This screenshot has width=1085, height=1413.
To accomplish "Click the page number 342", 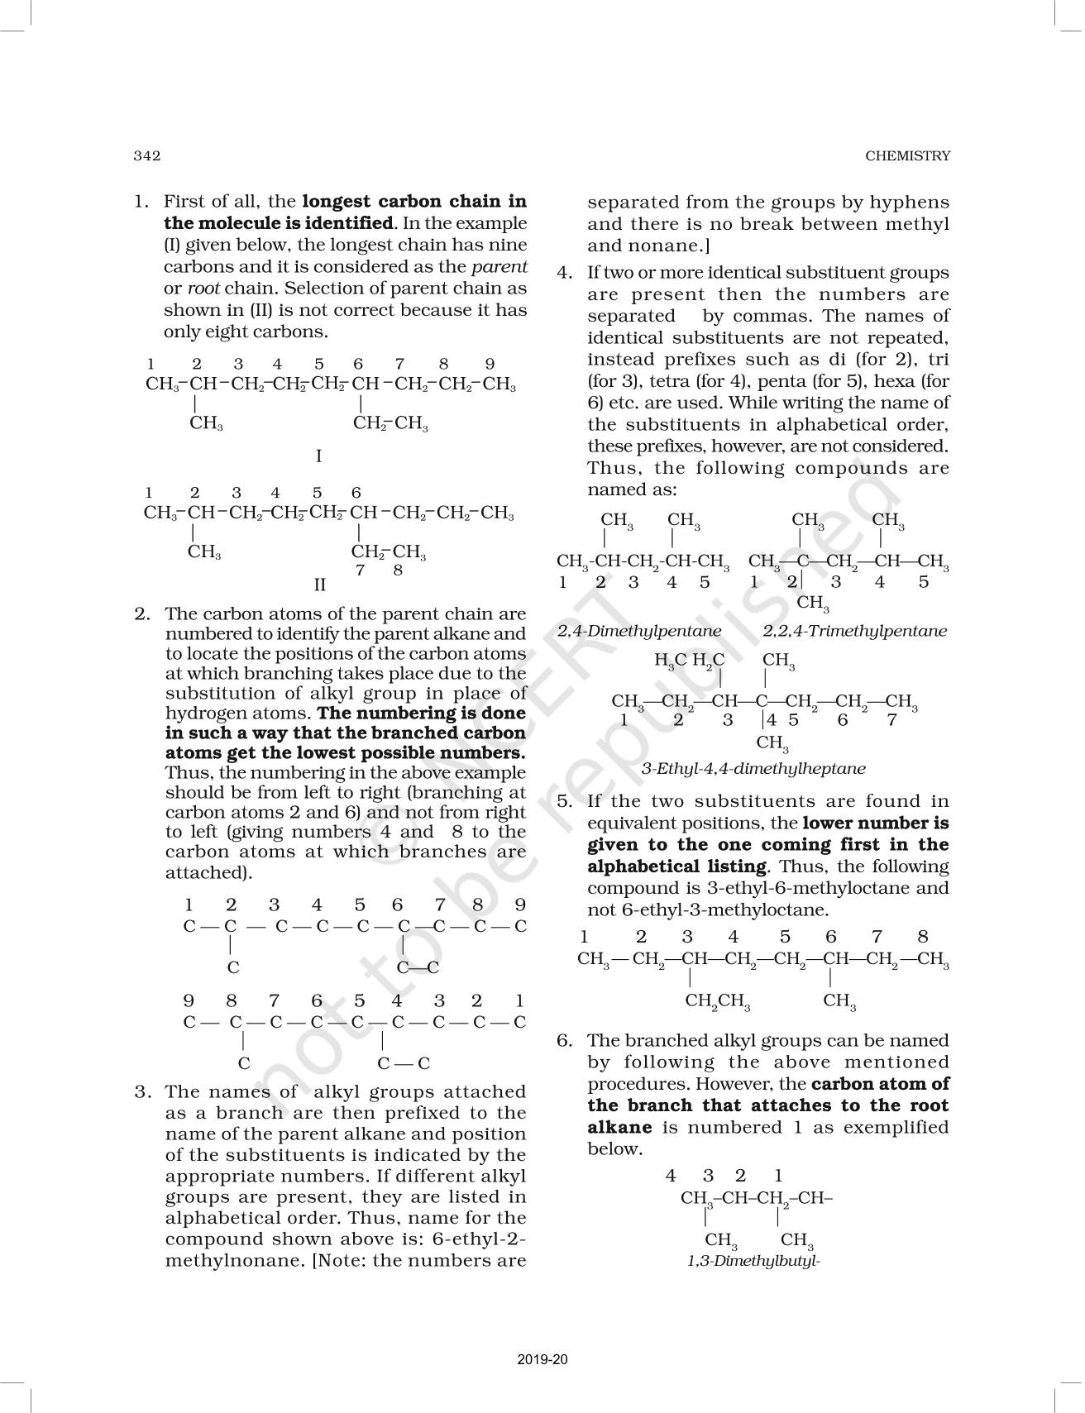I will [146, 155].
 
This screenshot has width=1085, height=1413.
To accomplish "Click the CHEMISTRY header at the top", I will [907, 155].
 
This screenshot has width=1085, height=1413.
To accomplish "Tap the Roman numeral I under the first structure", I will [318, 456].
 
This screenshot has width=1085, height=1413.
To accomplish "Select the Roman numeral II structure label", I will [320, 585].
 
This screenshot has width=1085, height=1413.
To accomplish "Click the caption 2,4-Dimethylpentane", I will [639, 631].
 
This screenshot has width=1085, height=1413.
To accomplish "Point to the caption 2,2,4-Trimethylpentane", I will [854, 631].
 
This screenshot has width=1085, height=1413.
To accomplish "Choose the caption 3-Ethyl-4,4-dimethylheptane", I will [753, 768].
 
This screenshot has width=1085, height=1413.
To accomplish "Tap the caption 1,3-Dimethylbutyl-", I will [753, 1261].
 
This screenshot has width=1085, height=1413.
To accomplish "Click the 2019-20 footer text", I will [542, 1359].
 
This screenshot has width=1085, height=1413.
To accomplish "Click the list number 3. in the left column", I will [142, 1092].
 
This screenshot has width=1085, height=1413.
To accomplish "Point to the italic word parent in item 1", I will [499, 267].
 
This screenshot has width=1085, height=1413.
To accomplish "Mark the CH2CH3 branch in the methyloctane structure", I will [718, 1001].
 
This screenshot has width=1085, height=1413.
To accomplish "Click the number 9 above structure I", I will [490, 364].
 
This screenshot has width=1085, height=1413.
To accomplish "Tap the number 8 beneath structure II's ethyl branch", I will [398, 570].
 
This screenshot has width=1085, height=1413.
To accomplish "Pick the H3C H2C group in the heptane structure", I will [689, 660].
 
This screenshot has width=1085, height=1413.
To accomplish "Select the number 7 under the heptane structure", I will [891, 720].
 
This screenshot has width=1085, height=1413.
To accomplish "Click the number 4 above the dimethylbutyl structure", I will [671, 1175].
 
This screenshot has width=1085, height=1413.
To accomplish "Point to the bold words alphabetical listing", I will [677, 866].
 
